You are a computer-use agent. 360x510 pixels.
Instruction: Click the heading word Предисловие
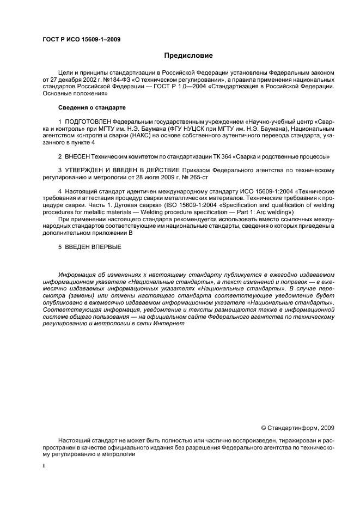[188, 55]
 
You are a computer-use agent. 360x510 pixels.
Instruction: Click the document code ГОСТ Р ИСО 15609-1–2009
[81, 39]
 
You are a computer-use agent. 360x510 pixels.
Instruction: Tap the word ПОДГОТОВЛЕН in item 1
[88, 120]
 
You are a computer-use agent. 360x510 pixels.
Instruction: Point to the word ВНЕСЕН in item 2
[77, 156]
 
